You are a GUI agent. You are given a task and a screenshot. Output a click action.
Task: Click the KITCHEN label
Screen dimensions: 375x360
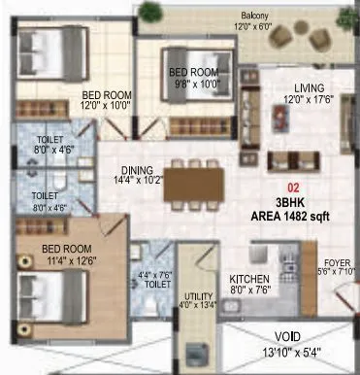pos(248,277)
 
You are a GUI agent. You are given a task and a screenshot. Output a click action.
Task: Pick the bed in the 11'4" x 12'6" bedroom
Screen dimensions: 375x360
pos(49,290)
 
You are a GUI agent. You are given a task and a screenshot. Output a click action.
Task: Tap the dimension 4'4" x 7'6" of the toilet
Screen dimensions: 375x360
pos(154,275)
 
